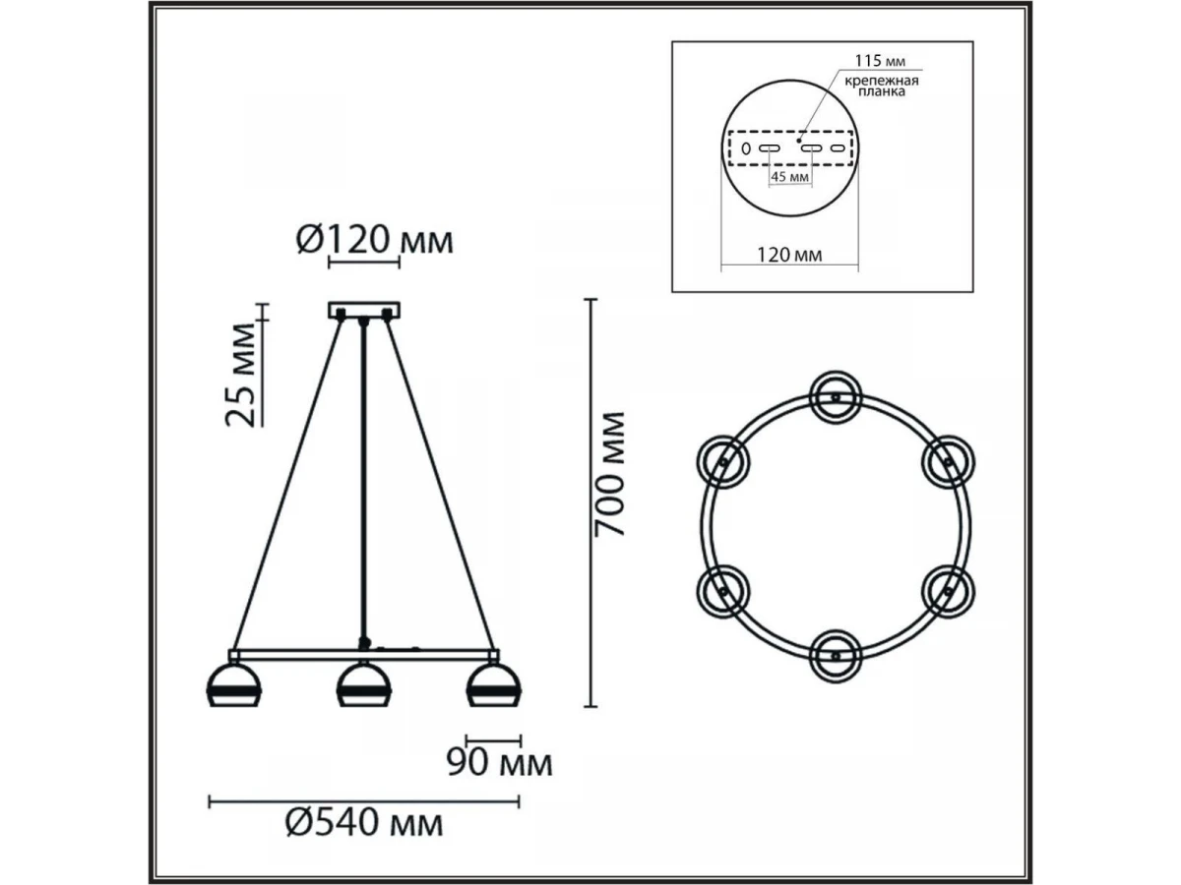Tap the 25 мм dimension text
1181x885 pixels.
click(x=240, y=376)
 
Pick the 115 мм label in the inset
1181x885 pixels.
click(x=880, y=61)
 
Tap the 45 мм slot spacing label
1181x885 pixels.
click(x=790, y=176)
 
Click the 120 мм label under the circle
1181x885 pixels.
click(x=789, y=254)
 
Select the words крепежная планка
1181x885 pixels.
click(x=881, y=86)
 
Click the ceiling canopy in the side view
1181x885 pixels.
click(x=364, y=310)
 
